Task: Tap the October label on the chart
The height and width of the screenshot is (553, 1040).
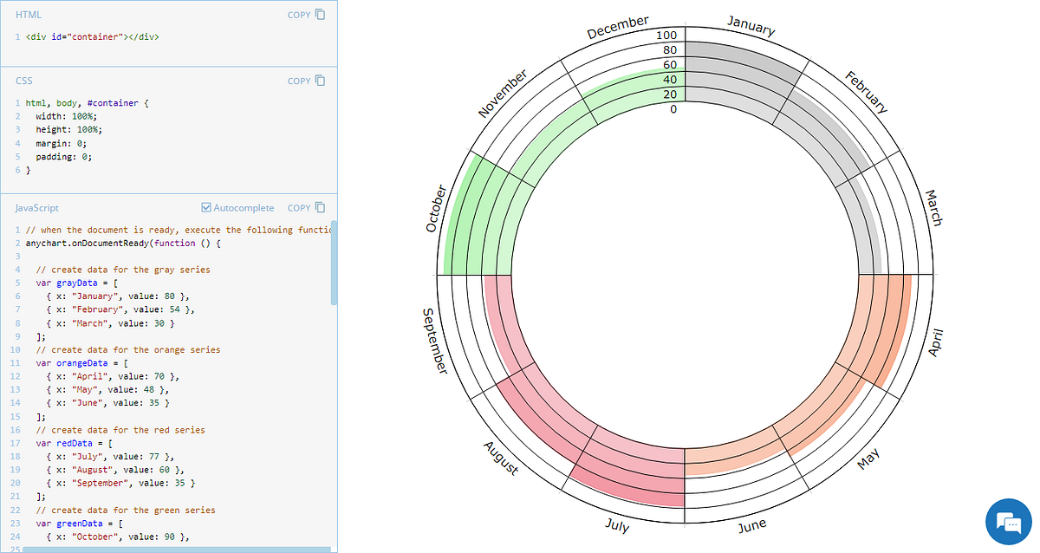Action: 436,208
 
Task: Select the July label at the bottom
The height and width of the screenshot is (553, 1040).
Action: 617,525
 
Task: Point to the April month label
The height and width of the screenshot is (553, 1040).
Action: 934,342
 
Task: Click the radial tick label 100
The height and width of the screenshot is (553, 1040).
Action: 666,36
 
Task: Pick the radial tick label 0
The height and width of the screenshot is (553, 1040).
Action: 673,109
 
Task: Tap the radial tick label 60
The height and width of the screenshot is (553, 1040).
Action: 669,65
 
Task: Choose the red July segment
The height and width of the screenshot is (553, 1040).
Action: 633,477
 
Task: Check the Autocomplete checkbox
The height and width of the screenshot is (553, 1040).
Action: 205,208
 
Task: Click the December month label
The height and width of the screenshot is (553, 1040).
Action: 618,27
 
